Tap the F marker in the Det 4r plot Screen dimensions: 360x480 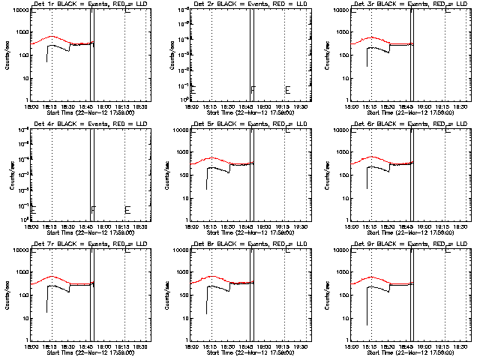click(x=93, y=210)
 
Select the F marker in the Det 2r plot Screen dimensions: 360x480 click(x=253, y=91)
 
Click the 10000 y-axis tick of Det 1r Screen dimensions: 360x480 click(x=19, y=10)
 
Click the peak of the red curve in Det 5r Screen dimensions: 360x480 click(x=212, y=157)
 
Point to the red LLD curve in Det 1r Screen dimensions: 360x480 click(x=51, y=37)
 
